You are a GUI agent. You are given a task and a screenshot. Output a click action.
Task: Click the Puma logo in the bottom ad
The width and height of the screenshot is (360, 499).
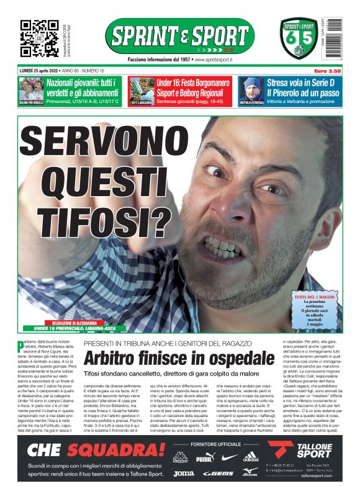[204, 459]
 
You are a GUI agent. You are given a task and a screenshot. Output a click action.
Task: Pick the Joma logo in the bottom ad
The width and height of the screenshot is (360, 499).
[183, 474]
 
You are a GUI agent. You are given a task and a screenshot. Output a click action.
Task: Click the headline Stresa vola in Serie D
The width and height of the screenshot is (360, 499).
[302, 83]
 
